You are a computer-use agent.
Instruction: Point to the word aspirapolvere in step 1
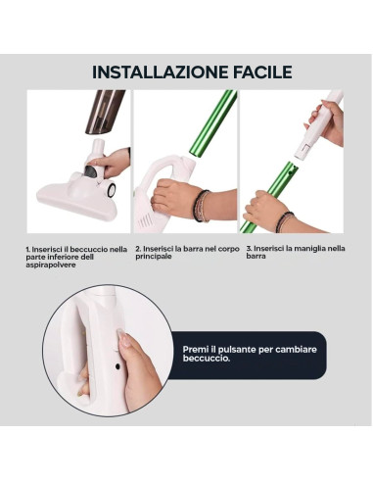pos(50,265)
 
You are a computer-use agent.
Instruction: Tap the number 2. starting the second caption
pos(138,248)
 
